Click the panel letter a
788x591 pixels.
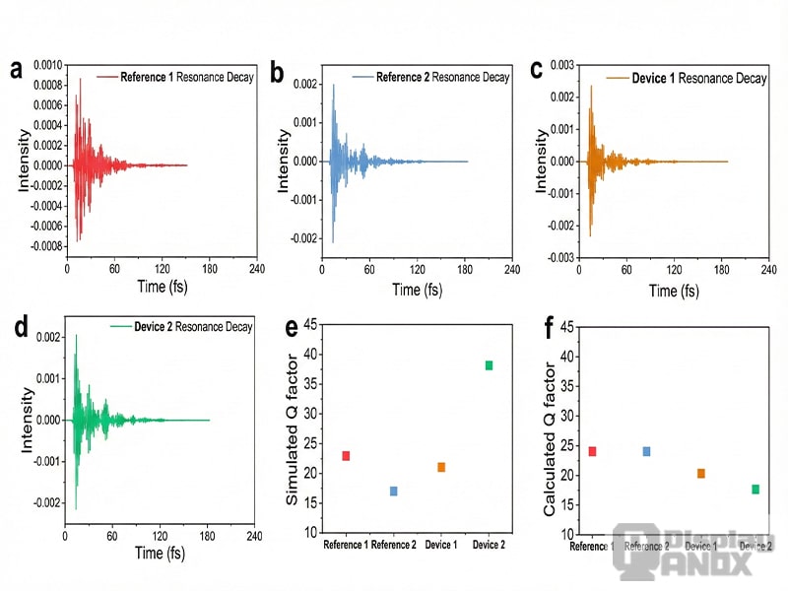pyautogui.click(x=16, y=70)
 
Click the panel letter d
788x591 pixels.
pyautogui.click(x=16, y=328)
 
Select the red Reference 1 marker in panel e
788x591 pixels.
pyautogui.click(x=346, y=456)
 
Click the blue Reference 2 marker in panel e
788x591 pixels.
pyautogui.click(x=393, y=491)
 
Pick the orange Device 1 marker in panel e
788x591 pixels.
pyautogui.click(x=441, y=467)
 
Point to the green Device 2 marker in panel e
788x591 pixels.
pyautogui.click(x=489, y=365)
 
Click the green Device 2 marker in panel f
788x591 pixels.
pyautogui.click(x=755, y=489)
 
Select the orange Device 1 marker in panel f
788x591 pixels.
pyautogui.click(x=700, y=474)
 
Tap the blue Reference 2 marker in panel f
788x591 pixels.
pyautogui.click(x=646, y=451)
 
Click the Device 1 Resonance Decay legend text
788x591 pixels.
pyautogui.click(x=697, y=77)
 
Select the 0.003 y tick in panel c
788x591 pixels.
pyautogui.click(x=560, y=65)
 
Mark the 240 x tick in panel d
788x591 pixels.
pyautogui.click(x=254, y=537)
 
